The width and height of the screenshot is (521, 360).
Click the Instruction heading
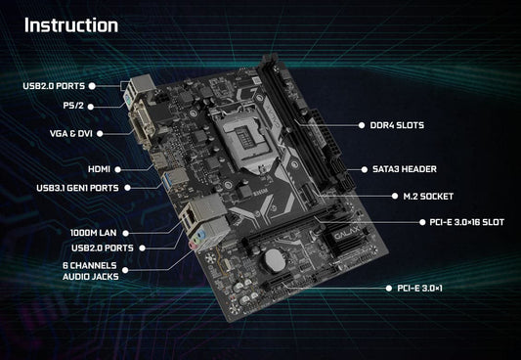pos(71,24)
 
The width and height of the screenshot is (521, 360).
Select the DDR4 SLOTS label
pos(397,125)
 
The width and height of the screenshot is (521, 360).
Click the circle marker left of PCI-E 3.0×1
pos(388,289)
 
